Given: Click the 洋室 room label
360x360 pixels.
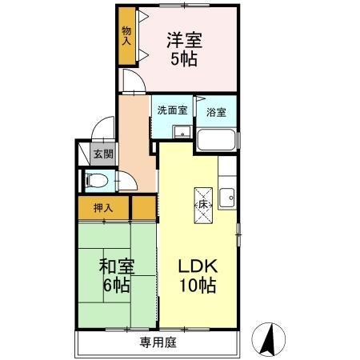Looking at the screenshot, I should (x=184, y=38).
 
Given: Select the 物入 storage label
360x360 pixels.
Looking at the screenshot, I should (x=126, y=35).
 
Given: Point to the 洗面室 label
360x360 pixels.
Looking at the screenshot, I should (x=172, y=111).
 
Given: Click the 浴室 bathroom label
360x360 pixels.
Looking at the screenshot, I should (x=216, y=112).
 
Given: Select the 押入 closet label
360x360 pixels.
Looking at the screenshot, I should (x=104, y=208).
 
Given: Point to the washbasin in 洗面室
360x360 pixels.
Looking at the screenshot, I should (x=182, y=133).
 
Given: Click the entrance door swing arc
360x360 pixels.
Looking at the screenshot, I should (x=100, y=128).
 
